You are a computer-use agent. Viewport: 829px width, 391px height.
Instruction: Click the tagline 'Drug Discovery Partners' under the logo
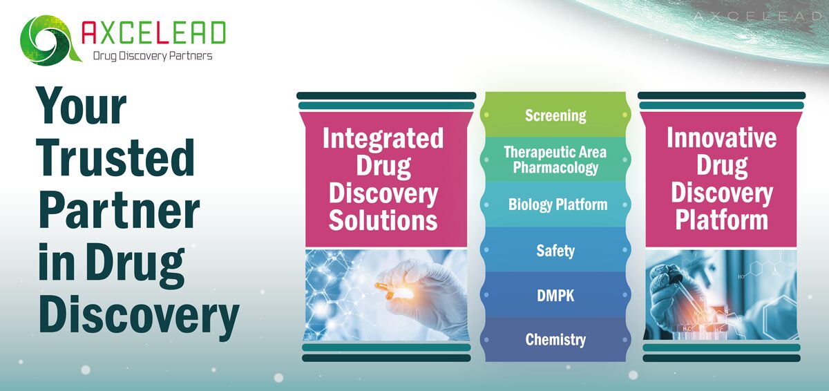pyautogui.click(x=153, y=56)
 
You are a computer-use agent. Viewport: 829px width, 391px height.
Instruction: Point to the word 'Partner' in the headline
pyautogui.click(x=118, y=209)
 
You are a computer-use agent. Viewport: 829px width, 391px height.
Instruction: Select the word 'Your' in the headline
pyautogui.click(x=82, y=108)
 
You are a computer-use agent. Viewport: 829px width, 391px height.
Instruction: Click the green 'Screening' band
pyautogui.click(x=555, y=115)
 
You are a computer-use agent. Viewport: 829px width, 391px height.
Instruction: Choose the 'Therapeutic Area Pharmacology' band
pyautogui.click(x=555, y=160)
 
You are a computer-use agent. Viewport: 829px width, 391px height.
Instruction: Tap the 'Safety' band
pyautogui.click(x=555, y=249)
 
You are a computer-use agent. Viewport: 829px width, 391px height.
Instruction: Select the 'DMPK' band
pyautogui.click(x=555, y=295)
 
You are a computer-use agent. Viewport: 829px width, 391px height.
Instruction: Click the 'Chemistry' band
pyautogui.click(x=555, y=339)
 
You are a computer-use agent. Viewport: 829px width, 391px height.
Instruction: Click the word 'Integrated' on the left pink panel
pyautogui.click(x=383, y=138)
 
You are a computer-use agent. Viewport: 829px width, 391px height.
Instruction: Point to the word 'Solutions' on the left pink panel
pyautogui.click(x=383, y=220)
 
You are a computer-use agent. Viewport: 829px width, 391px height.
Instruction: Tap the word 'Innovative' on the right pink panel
pyautogui.click(x=721, y=137)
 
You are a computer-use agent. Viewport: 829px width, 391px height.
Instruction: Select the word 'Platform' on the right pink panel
pyautogui.click(x=721, y=220)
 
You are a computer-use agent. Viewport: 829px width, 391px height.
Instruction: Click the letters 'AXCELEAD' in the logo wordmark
pyautogui.click(x=153, y=33)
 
